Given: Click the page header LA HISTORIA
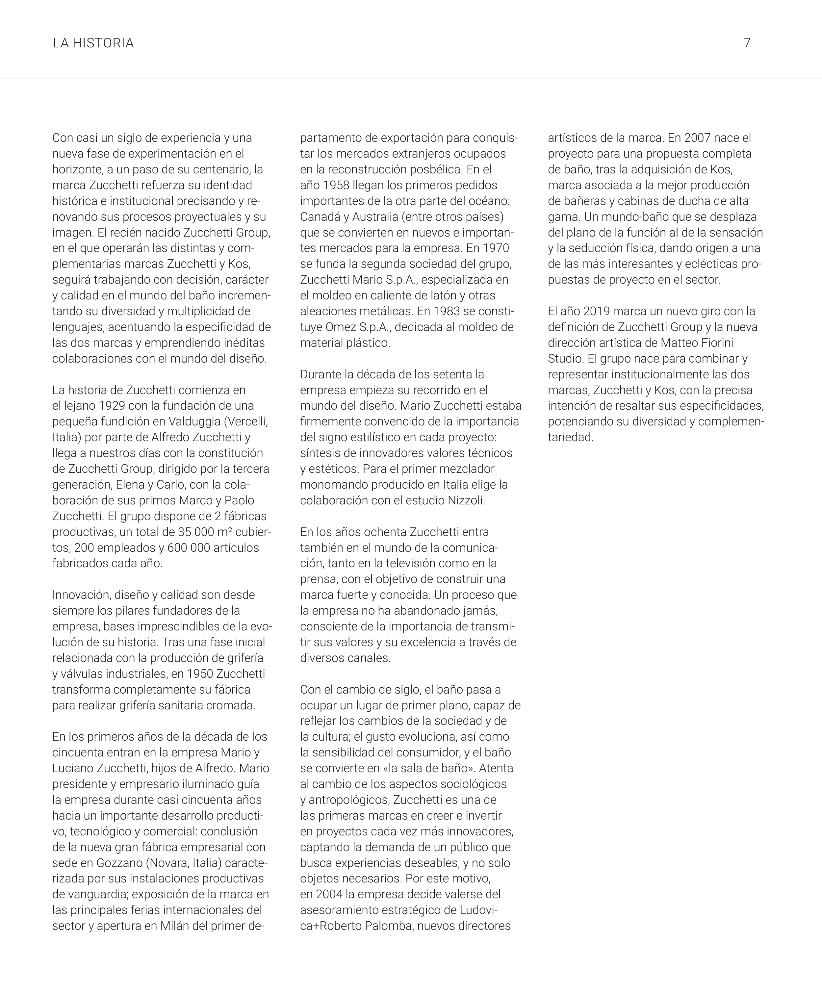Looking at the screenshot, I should [x=93, y=43].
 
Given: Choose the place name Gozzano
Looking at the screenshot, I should [x=120, y=863].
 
